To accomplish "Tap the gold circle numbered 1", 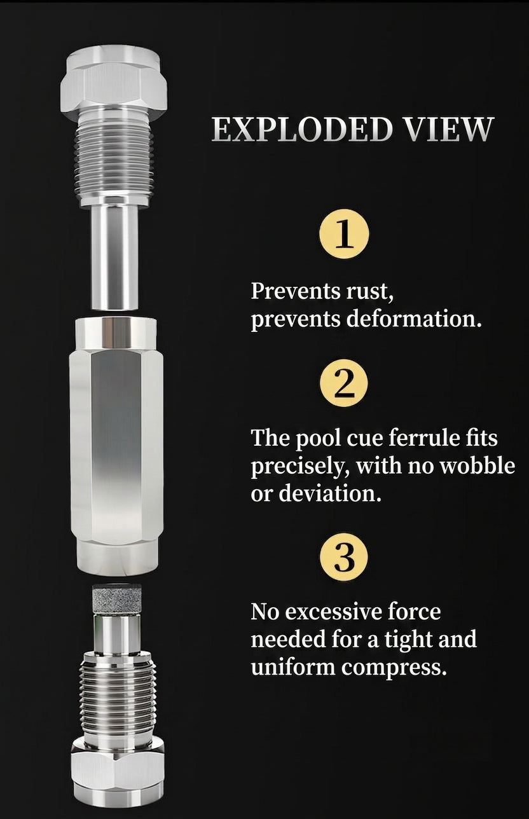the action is (x=344, y=234).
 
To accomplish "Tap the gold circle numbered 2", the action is (x=344, y=383).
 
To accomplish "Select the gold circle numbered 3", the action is (x=344, y=557).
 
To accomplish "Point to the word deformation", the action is (x=413, y=319).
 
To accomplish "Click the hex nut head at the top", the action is (x=114, y=83).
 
